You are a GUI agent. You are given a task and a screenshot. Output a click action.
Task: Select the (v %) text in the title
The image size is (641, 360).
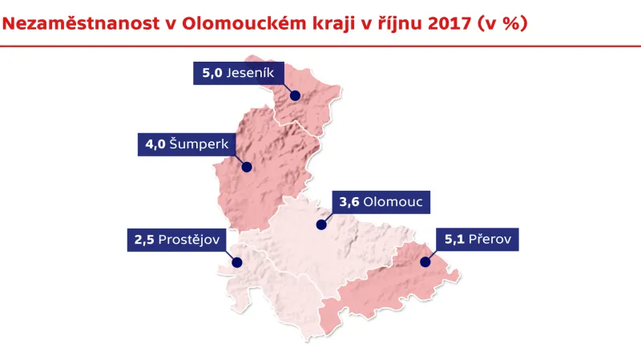(501, 23)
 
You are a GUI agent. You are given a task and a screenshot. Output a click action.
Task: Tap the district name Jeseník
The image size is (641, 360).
(252, 73)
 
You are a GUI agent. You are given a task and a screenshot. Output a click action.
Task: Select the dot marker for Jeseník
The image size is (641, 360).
(295, 95)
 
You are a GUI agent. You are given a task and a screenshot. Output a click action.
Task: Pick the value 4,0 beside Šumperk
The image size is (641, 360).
(155, 145)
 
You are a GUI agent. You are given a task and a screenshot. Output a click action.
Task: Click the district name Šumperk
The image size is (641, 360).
(200, 145)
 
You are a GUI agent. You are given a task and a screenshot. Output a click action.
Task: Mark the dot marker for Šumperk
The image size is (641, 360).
(247, 168)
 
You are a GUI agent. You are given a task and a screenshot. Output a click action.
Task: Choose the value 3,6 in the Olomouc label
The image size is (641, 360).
(349, 202)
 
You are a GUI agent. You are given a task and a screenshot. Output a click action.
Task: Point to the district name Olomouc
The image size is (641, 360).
(393, 202)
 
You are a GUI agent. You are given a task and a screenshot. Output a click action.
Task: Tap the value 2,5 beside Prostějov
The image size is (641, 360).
(144, 240)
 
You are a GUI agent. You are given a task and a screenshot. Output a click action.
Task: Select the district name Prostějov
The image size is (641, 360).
(192, 240)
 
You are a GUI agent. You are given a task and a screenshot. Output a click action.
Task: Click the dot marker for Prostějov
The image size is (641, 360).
(236, 261)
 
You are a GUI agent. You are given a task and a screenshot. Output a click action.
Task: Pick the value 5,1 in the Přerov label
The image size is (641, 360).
(454, 240)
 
